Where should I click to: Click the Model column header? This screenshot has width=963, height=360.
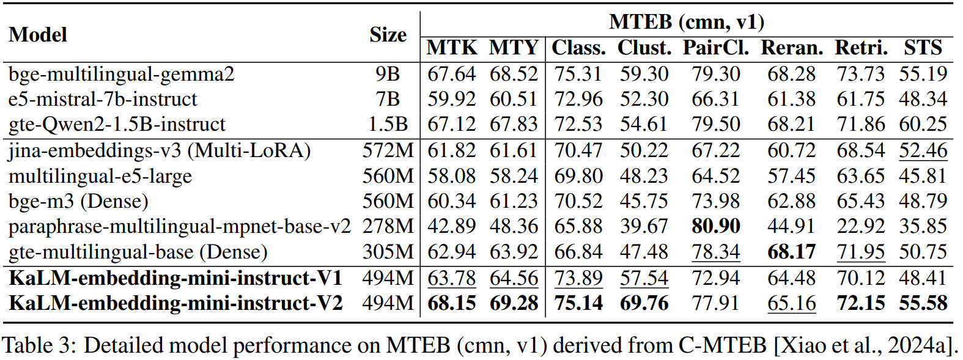pyautogui.click(x=38, y=34)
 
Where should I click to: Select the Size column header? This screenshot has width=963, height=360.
pyautogui.click(x=388, y=34)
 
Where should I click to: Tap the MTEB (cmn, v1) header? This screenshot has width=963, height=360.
pyautogui.click(x=686, y=22)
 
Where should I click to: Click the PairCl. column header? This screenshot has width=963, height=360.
pyautogui.click(x=716, y=48)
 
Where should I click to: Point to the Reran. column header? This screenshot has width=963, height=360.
pyautogui.click(x=792, y=48)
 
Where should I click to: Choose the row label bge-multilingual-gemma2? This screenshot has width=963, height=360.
pyautogui.click(x=121, y=74)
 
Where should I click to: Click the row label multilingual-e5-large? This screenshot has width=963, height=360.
pyautogui.click(x=100, y=176)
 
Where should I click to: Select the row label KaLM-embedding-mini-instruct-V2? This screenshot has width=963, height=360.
pyautogui.click(x=175, y=303)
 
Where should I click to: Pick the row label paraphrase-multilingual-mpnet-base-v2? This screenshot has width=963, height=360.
pyautogui.click(x=180, y=227)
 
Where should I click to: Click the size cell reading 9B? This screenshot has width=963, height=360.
pyautogui.click(x=388, y=74)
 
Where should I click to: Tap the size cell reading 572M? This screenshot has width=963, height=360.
pyautogui.click(x=388, y=150)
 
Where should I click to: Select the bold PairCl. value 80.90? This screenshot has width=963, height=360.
pyautogui.click(x=716, y=227)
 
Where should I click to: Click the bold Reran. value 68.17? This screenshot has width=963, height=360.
pyautogui.click(x=792, y=252)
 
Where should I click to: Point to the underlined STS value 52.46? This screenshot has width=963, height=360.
pyautogui.click(x=923, y=150)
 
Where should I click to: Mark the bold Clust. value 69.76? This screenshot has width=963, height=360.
pyautogui.click(x=644, y=303)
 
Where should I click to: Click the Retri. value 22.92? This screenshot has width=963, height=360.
pyautogui.click(x=860, y=227)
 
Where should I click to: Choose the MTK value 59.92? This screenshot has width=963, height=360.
pyautogui.click(x=451, y=99)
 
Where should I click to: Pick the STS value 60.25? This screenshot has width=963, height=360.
pyautogui.click(x=923, y=125)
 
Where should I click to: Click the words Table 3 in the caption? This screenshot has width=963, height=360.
pyautogui.click(x=38, y=346)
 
